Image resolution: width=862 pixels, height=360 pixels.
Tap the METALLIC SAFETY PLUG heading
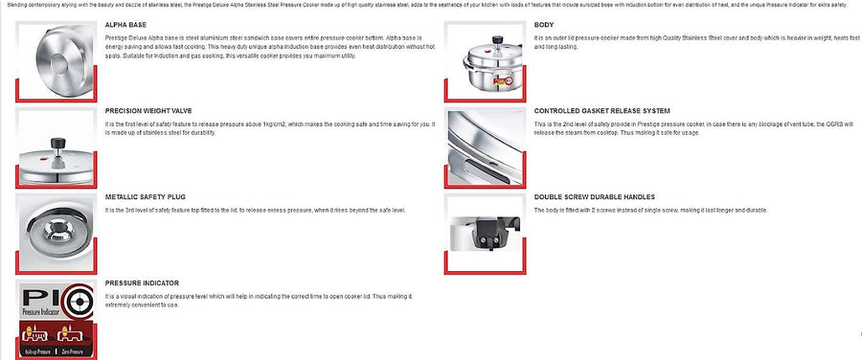[x=142, y=196]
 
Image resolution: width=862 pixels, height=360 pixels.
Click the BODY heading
[x=543, y=26]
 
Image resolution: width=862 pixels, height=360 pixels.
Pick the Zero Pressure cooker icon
[x=72, y=336]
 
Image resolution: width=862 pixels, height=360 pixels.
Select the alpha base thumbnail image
[x=55, y=58]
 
